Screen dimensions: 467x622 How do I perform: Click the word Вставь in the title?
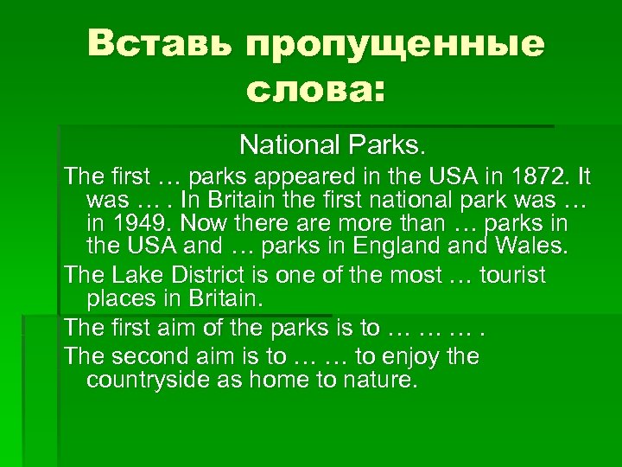pos(159,44)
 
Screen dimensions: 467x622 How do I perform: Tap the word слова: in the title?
pos(316,89)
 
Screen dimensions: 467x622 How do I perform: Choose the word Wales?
pos(535,248)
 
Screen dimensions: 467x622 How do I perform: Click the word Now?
pos(203,224)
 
